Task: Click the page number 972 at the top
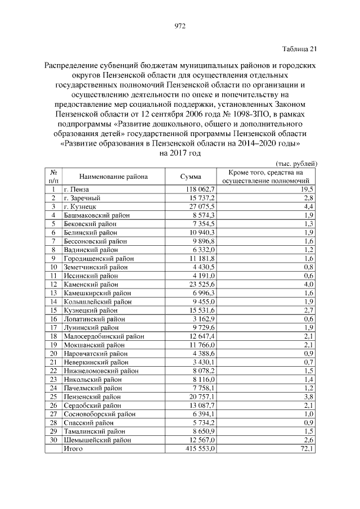(180, 26)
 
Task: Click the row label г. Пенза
(76, 190)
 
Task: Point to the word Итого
(73, 449)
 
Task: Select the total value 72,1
(308, 449)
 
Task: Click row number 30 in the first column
(53, 440)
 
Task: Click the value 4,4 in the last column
(309, 207)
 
